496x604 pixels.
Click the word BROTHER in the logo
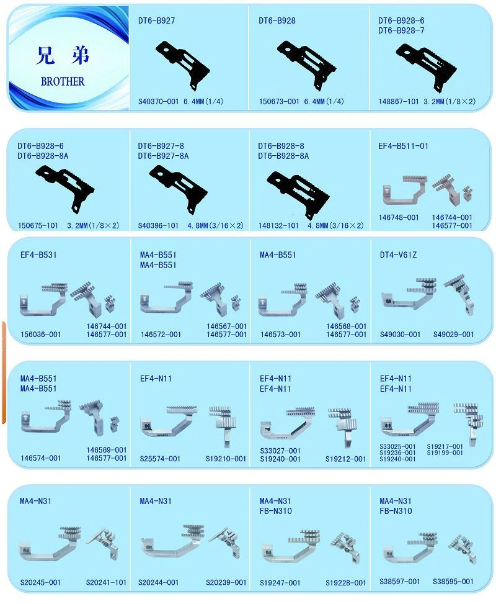coord(63,82)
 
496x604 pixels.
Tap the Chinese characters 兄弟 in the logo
coord(63,55)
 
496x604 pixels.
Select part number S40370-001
coord(159,102)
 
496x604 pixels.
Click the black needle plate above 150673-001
coord(307,64)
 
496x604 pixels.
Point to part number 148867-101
coord(399,102)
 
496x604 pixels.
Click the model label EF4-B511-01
coord(403,146)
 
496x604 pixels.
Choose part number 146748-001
coord(399,218)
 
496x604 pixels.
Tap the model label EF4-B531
coord(38,255)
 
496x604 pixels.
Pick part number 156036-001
coord(41,335)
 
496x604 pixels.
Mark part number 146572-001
coord(161,335)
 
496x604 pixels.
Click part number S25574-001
coord(160,459)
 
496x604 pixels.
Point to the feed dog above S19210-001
coord(223,426)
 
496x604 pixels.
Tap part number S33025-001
coord(397,447)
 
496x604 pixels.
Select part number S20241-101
coord(106,582)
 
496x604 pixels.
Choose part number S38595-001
coord(453,582)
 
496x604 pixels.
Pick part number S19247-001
coord(280,583)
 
